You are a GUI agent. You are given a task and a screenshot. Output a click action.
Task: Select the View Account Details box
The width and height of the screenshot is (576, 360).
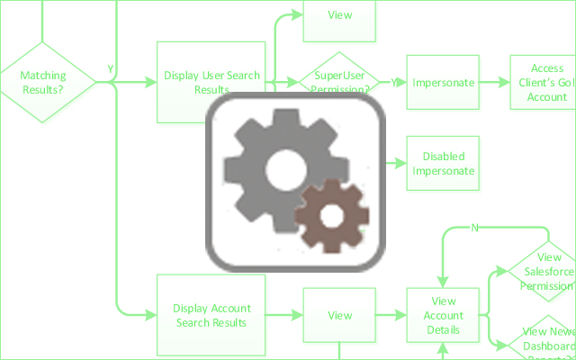tap(444, 315)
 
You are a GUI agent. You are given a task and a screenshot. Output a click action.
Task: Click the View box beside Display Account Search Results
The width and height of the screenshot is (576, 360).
tap(339, 315)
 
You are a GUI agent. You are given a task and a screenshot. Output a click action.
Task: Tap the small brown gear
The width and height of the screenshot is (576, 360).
tap(331, 216)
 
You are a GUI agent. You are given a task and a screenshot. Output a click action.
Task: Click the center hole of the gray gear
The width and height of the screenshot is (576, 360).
tap(284, 167)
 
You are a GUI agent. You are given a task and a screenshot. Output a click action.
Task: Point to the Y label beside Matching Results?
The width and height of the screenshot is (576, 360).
tap(110, 69)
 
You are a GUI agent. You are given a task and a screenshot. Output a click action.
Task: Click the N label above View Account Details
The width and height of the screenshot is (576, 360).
tap(473, 227)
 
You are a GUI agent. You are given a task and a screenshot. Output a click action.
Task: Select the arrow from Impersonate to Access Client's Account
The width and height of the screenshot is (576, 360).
tap(491, 83)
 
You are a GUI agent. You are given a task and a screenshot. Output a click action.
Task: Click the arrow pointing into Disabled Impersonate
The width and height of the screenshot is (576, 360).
tap(396, 163)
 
